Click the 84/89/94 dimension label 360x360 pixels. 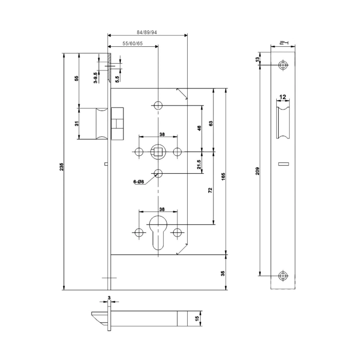point(147,31)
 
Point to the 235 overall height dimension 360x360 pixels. point(62,167)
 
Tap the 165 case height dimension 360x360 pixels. point(224,173)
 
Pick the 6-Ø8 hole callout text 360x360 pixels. point(140,181)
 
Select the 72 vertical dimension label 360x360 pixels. point(210,190)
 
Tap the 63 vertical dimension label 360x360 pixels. point(211,123)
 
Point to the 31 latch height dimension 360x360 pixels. point(77,123)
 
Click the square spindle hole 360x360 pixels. point(157,152)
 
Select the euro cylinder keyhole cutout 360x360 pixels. point(157,234)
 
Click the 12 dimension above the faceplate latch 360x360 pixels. point(283,97)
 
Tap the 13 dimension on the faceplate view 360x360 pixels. point(257,60)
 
